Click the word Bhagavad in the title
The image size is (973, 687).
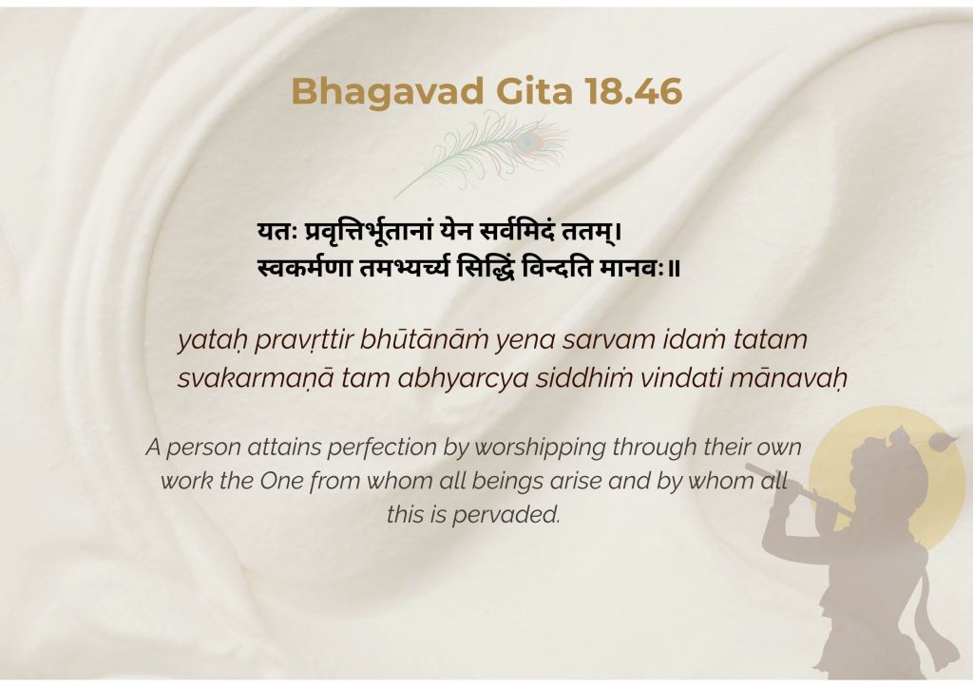(388, 91)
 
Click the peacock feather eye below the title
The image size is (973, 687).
(528, 142)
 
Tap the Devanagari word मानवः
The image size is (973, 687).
(632, 268)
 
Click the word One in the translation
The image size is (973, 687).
(281, 482)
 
